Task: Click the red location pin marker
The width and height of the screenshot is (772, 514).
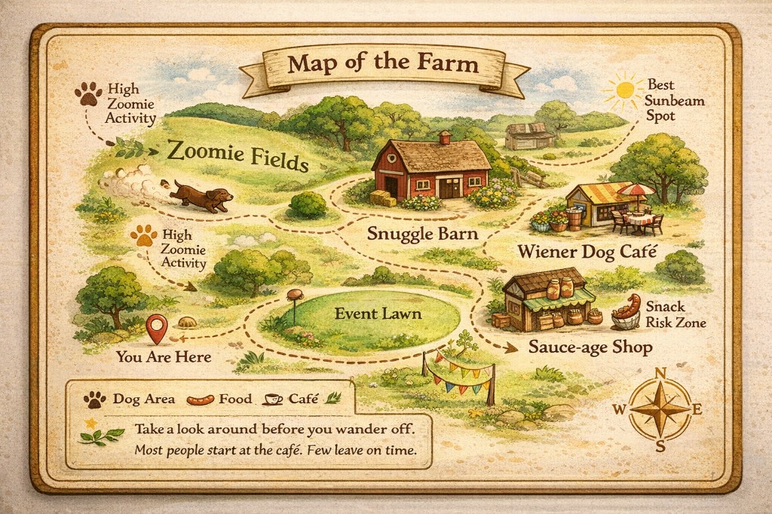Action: pos(157,328)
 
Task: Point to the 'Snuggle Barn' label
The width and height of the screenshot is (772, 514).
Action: pos(422,234)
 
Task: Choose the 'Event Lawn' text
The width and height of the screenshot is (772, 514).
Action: pos(367,314)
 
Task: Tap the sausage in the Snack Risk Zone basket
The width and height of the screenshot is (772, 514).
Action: pos(627,306)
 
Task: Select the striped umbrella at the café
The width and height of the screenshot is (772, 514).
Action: pos(640,191)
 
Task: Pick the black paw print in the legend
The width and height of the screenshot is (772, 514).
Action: pos(95,399)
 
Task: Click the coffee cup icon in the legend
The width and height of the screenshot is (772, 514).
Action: pos(274,399)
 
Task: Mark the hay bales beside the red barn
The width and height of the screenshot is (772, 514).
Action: pos(384,198)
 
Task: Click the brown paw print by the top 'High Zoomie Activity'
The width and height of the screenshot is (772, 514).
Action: pos(88,94)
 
